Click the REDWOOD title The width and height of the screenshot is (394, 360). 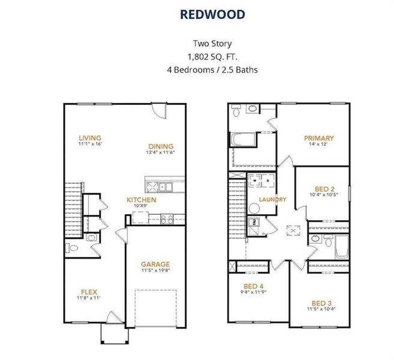(x=213, y=14)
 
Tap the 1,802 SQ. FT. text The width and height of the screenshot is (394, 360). (x=213, y=57)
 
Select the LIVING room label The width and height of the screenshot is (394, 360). (x=90, y=138)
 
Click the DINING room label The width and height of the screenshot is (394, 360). (x=161, y=146)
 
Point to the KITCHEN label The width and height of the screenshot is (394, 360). (x=142, y=200)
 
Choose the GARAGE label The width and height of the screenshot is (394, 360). (x=156, y=264)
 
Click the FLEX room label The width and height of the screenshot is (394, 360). (x=89, y=292)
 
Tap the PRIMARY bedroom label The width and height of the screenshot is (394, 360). (x=319, y=138)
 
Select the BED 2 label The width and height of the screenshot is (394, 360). (x=325, y=189)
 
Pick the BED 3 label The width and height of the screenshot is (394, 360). (x=322, y=303)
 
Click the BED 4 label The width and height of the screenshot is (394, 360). (x=253, y=286)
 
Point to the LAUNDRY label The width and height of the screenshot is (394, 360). (x=273, y=199)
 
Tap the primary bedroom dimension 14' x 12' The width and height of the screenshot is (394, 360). (x=318, y=144)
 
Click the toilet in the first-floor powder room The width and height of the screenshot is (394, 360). (x=71, y=248)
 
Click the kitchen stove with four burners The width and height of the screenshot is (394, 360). (x=167, y=219)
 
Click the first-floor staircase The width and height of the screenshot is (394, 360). (x=73, y=210)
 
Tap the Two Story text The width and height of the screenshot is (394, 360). (x=213, y=44)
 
